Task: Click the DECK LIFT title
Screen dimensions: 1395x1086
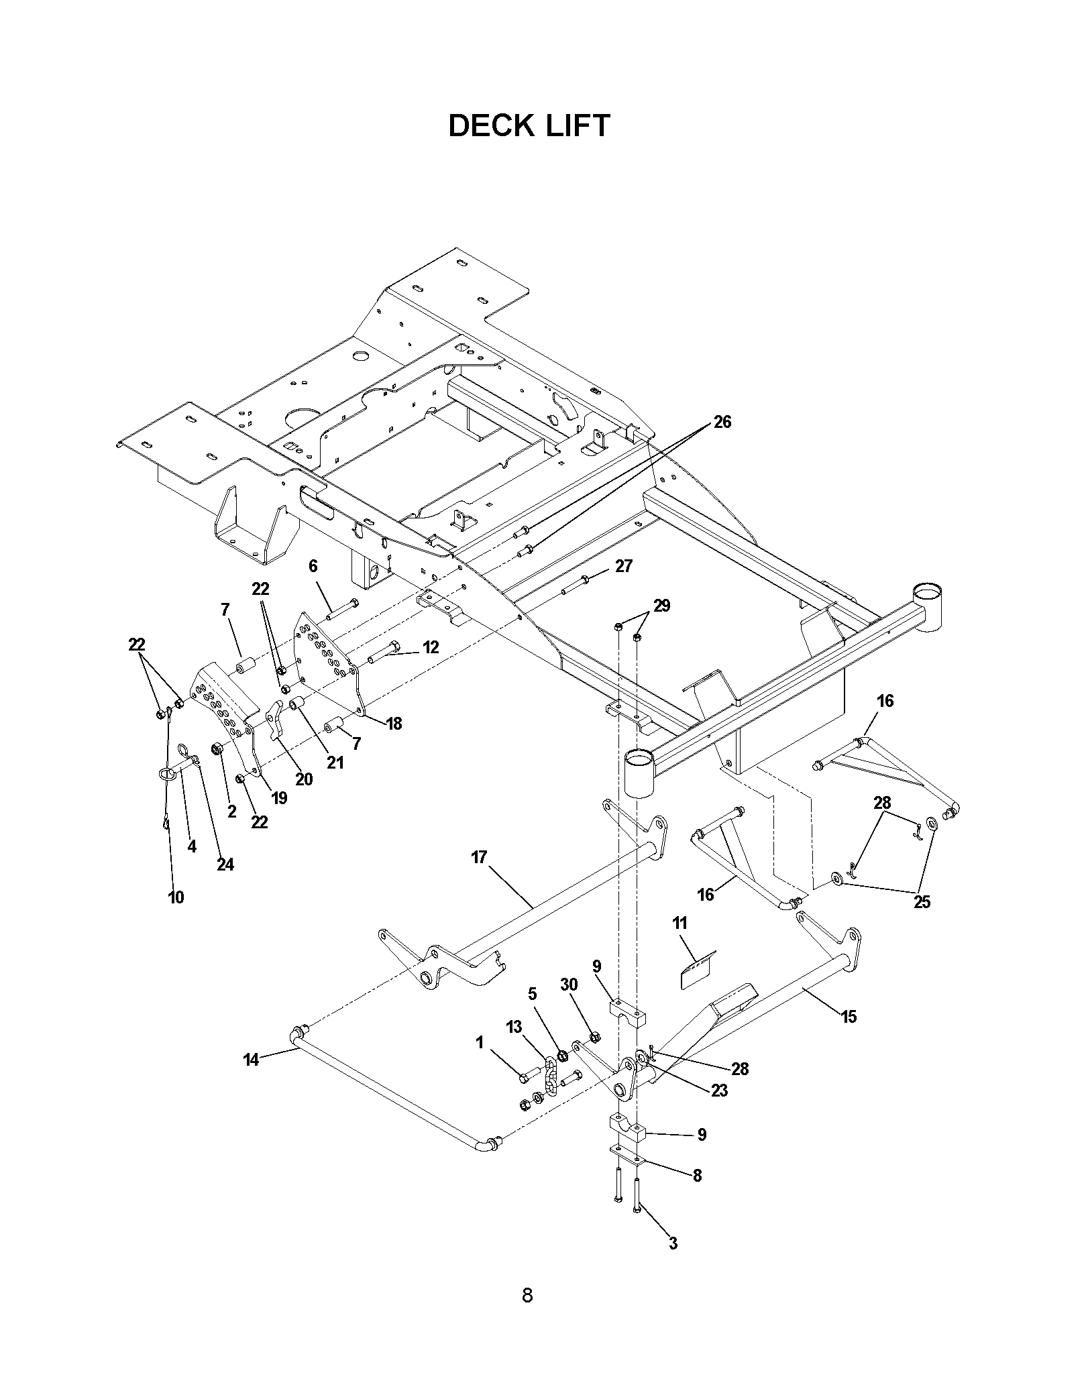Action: pyautogui.click(x=529, y=125)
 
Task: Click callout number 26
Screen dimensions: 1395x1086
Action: pyautogui.click(x=722, y=422)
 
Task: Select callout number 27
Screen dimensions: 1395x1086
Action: pyautogui.click(x=623, y=566)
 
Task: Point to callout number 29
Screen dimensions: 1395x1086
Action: pyautogui.click(x=661, y=606)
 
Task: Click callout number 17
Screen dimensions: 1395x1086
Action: pyautogui.click(x=479, y=857)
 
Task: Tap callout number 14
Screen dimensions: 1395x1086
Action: pyautogui.click(x=251, y=1079)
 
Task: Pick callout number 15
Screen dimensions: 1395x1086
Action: pyautogui.click(x=849, y=1017)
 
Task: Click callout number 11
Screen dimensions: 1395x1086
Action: pyautogui.click(x=680, y=924)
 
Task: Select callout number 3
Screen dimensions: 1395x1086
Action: pyautogui.click(x=673, y=1243)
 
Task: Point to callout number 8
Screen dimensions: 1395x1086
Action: pyautogui.click(x=697, y=1176)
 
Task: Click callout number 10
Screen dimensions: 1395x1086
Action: pyautogui.click(x=176, y=897)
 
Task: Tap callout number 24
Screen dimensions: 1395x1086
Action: pyautogui.click(x=225, y=864)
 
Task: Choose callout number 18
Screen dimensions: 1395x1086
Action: pyautogui.click(x=394, y=723)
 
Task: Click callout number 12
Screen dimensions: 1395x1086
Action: pyautogui.click(x=430, y=647)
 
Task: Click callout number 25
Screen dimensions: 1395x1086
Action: pyautogui.click(x=922, y=902)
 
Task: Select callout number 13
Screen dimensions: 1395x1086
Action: pyautogui.click(x=514, y=1027)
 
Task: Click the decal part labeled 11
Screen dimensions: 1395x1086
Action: pyautogui.click(x=698, y=971)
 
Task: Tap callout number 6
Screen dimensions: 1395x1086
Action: pyautogui.click(x=313, y=566)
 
